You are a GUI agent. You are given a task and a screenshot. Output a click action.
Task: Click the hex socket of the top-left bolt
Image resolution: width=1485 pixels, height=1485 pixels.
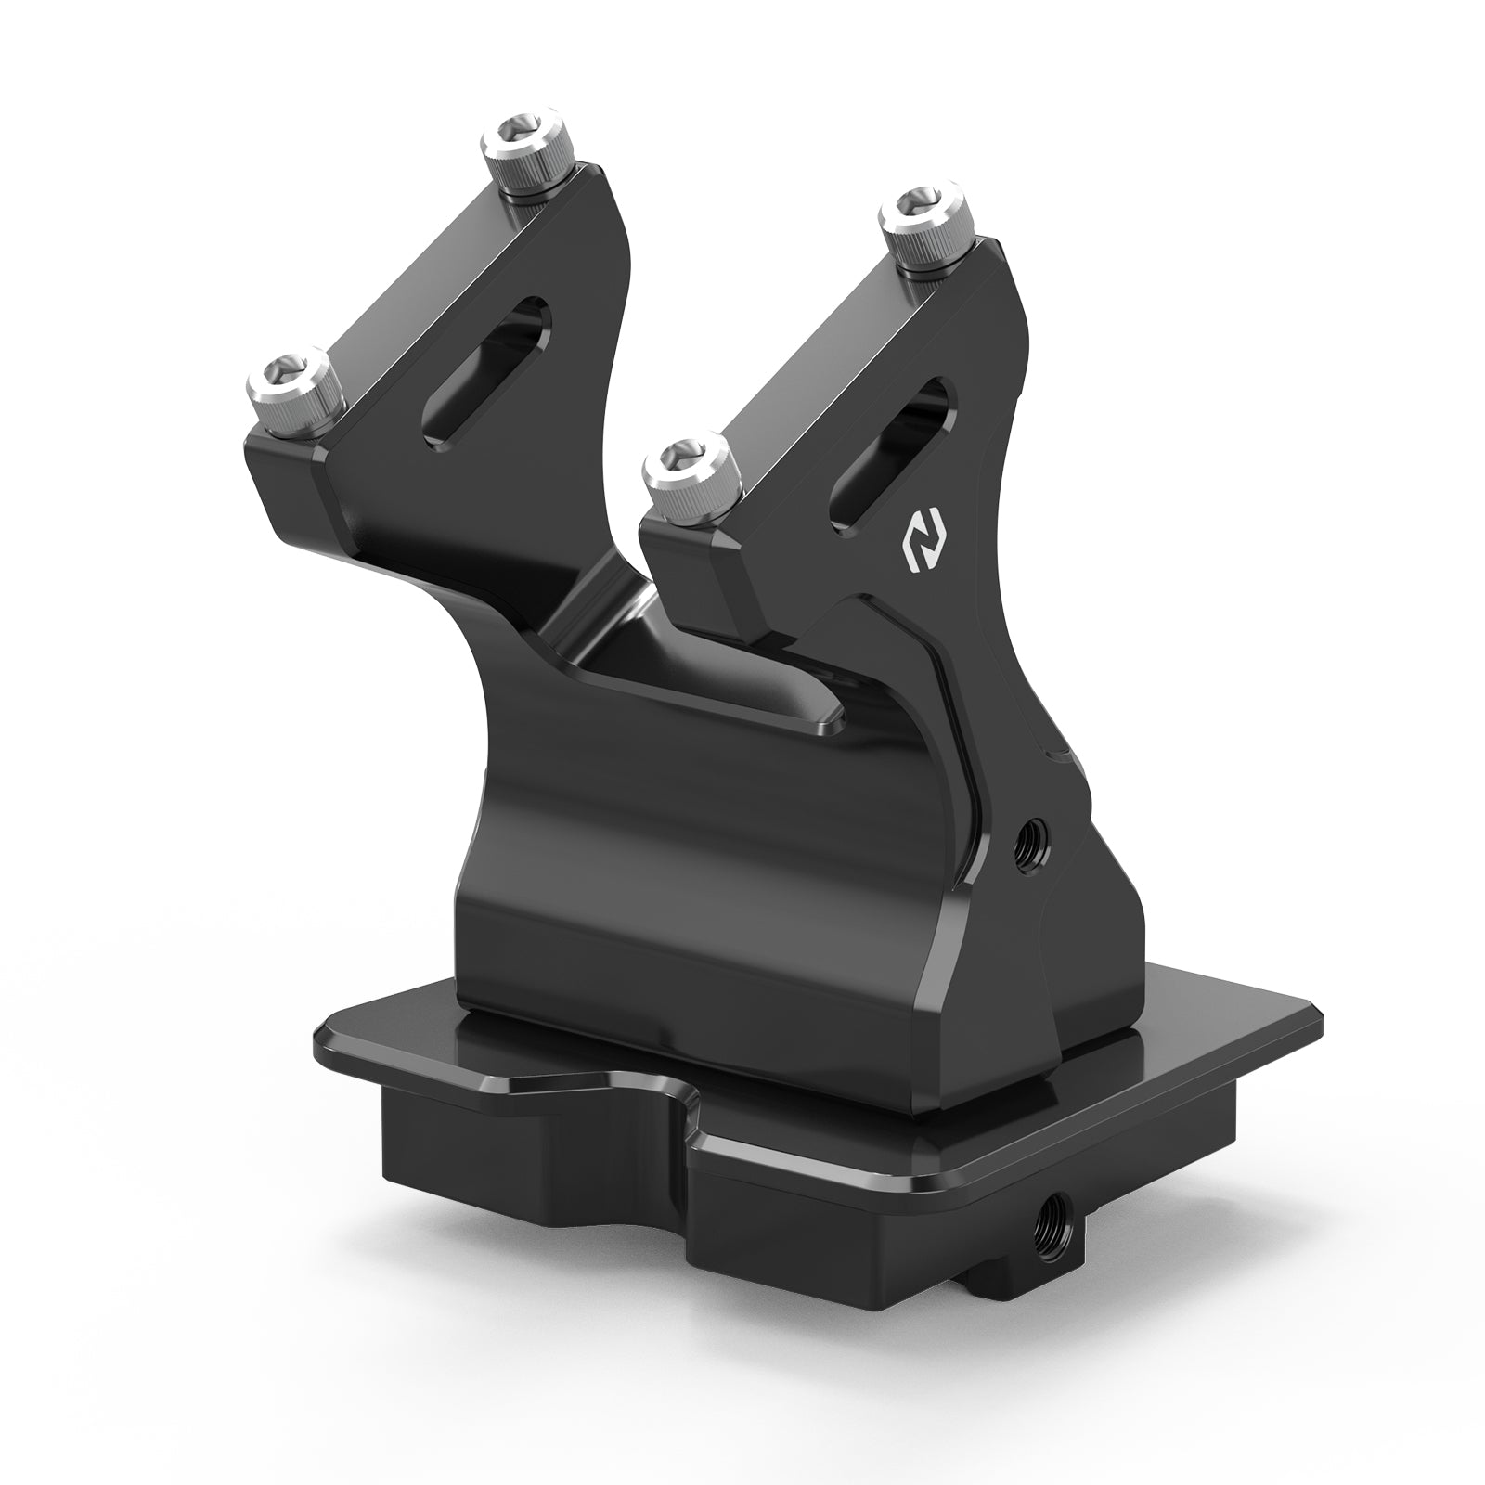point(516,130)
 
